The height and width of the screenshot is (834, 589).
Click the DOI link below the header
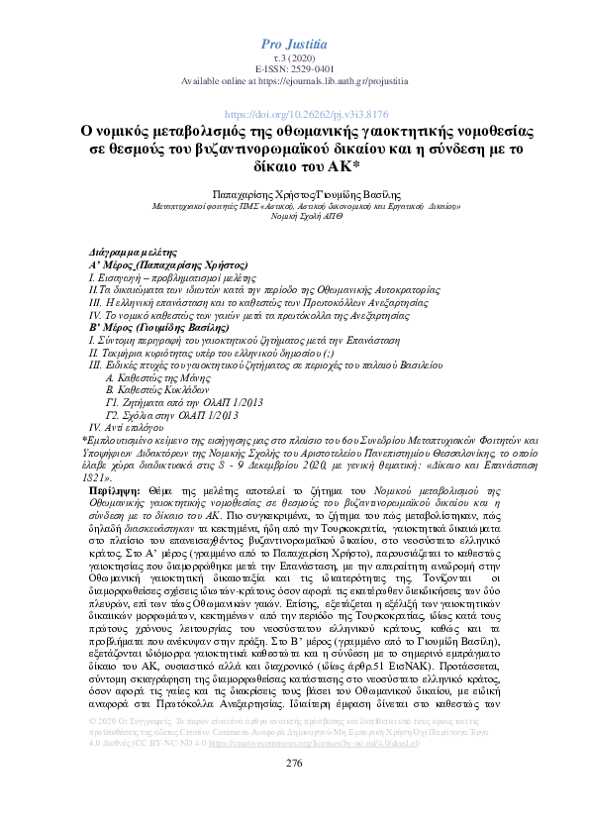click(293, 115)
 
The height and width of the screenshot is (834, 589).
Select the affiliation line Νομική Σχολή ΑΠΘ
click(293, 219)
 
